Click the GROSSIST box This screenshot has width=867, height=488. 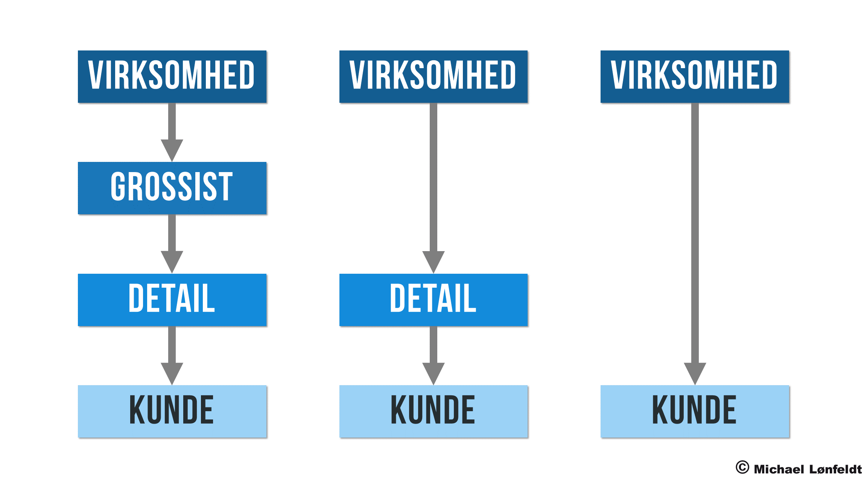tap(172, 188)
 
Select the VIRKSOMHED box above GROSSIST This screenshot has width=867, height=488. tap(172, 76)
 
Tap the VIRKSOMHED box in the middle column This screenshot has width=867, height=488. tap(433, 76)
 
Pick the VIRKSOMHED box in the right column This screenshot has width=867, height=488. tap(695, 76)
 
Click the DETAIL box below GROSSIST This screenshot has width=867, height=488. tap(172, 300)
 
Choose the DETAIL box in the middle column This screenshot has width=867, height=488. tap(433, 300)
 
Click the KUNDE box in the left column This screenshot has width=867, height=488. tap(172, 411)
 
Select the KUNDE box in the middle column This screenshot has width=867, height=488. tap(433, 411)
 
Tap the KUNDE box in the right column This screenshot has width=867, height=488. tap(695, 411)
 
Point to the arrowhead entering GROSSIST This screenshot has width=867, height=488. tap(172, 150)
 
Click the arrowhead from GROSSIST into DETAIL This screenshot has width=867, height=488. tap(172, 261)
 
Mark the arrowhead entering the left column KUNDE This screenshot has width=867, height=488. tap(172, 373)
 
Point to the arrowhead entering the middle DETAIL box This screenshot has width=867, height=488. tap(433, 261)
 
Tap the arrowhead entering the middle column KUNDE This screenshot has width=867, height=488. tap(433, 373)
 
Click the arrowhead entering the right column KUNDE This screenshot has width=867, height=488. tap(695, 373)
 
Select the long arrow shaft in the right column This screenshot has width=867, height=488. tap(695, 233)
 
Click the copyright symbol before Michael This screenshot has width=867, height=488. tap(742, 467)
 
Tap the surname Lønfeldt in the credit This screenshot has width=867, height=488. tap(835, 469)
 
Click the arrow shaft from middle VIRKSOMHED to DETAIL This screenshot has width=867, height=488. tap(433, 177)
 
